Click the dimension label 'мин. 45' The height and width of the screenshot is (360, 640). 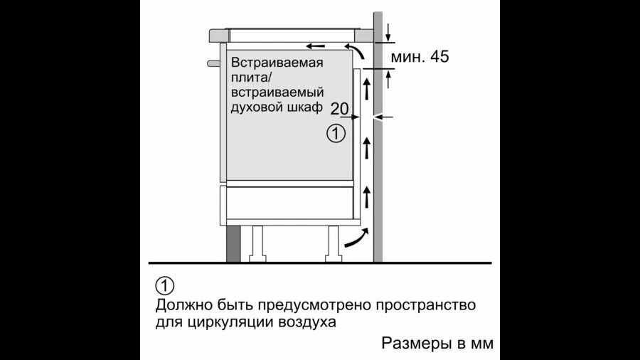pyautogui.click(x=420, y=57)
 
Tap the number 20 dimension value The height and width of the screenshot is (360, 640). pyautogui.click(x=339, y=109)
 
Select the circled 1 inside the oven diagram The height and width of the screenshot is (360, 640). pyautogui.click(x=336, y=132)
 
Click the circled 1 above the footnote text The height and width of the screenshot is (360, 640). pyautogui.click(x=164, y=286)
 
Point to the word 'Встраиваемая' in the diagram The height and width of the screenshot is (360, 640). pyautogui.click(x=277, y=63)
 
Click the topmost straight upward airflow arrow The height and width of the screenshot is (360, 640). pyautogui.click(x=367, y=89)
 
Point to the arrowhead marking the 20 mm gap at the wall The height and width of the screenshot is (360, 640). pyautogui.click(x=379, y=117)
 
